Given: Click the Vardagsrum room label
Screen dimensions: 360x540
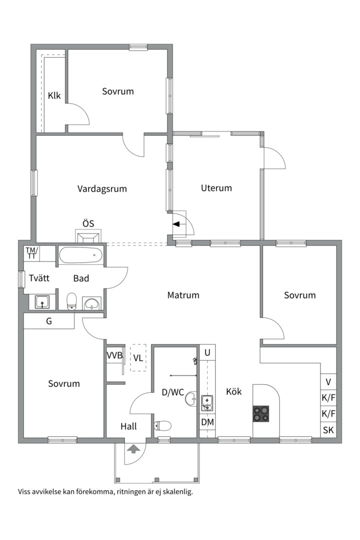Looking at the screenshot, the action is [102, 188].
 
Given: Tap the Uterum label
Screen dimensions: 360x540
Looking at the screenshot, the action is [216, 188].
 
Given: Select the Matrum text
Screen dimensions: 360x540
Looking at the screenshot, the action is [183, 295].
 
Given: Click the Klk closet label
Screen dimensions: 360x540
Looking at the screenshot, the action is [54, 95].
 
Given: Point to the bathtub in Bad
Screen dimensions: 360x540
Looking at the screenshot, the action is [80, 255].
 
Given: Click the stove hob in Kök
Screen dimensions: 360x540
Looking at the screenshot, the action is [261, 413].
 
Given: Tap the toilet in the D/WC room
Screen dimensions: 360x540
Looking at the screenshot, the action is [162, 426].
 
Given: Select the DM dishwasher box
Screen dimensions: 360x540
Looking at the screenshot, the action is [207, 422].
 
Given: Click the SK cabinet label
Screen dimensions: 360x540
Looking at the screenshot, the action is [328, 430].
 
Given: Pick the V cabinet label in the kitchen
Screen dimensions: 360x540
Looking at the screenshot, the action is [328, 382].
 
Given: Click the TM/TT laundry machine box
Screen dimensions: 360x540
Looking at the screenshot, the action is [32, 253].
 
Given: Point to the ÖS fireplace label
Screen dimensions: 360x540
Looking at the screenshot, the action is [88, 223].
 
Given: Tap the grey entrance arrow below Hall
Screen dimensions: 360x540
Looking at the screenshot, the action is [133, 448].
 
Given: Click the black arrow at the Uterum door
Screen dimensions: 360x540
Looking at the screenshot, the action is [176, 224].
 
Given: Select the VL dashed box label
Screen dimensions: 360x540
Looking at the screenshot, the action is [138, 358].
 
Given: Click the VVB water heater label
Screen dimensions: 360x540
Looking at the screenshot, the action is [114, 355].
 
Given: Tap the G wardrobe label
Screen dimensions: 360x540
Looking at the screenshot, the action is [49, 321].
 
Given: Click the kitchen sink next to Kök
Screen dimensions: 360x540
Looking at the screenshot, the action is [207, 403].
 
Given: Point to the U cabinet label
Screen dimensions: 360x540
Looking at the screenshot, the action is [207, 352].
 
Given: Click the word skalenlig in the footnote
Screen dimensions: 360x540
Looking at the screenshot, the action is [178, 492].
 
